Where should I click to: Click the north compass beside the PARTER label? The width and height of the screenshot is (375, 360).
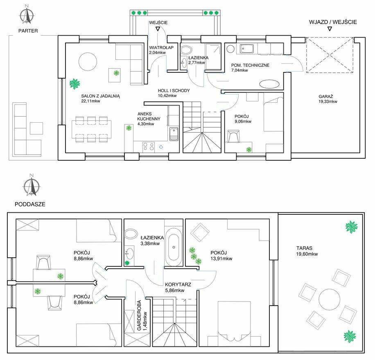(27, 16)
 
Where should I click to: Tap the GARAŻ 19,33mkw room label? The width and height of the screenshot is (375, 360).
(328, 99)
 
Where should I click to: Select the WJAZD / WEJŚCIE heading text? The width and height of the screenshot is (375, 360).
(333, 22)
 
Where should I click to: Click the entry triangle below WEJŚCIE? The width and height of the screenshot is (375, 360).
(158, 29)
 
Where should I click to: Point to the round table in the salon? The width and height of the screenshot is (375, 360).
(88, 61)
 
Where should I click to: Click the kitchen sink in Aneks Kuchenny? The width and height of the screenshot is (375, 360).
(174, 134)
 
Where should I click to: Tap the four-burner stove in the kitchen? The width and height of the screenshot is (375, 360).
(149, 147)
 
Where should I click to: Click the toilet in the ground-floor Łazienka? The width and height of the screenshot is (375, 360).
(186, 50)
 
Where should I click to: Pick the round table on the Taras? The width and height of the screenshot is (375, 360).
(329, 299)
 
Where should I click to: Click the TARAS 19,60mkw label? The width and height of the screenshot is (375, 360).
(307, 251)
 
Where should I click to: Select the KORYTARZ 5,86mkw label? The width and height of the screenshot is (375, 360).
(178, 287)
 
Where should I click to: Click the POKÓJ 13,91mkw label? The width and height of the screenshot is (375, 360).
(221, 255)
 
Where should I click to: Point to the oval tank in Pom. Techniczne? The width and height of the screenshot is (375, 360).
(269, 84)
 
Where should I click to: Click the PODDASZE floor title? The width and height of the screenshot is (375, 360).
(30, 205)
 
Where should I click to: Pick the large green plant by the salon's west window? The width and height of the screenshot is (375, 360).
(75, 84)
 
